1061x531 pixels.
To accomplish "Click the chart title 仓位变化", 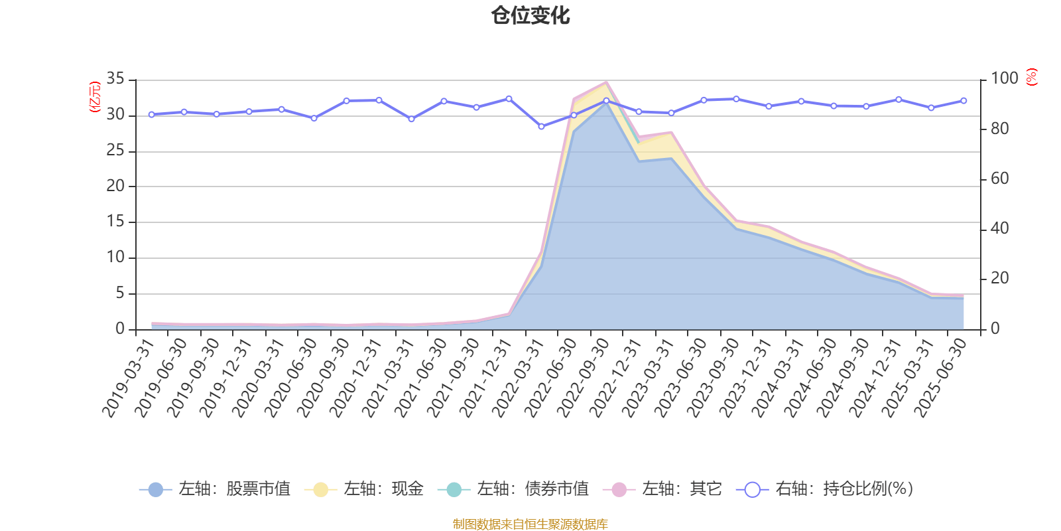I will point(530,15).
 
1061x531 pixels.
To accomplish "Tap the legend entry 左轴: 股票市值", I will point(215,490).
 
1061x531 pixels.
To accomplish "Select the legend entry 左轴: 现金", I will point(364,490).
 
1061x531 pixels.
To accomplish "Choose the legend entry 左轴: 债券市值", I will point(513,490).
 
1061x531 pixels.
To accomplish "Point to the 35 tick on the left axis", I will point(115,79).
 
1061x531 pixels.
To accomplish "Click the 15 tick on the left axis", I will point(115,222).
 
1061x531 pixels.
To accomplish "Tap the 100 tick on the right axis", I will point(1004,79).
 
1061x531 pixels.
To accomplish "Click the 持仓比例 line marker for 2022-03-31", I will point(541,126).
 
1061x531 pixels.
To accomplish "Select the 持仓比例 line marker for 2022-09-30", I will point(606,100).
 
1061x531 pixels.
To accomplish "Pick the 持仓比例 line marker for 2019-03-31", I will point(151,114).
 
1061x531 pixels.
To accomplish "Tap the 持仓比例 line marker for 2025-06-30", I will point(964,100).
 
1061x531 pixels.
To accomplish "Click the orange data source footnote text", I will point(530,524).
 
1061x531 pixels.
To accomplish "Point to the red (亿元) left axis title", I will point(95,97).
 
